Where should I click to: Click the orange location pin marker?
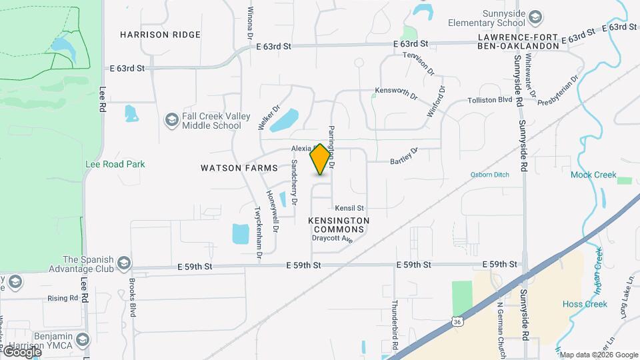[x=321, y=159]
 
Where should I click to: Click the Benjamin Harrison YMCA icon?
[x=83, y=340]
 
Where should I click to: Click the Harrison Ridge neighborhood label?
[x=160, y=34]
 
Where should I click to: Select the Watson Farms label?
[x=239, y=168]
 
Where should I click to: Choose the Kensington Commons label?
[x=339, y=225]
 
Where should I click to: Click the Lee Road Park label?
[x=115, y=164]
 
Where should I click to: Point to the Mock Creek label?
[x=593, y=175]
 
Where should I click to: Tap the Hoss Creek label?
[x=585, y=304]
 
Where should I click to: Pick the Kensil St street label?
[x=349, y=209]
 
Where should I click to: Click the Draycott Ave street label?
[x=332, y=238]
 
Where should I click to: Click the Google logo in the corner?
[x=21, y=352]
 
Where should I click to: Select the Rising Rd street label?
[x=63, y=298]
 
